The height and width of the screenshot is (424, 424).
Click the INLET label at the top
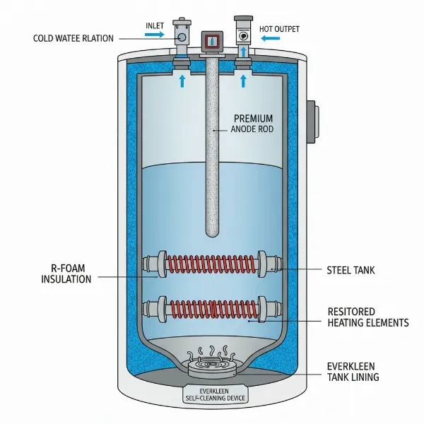(154, 25)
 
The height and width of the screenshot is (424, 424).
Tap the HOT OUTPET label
(280, 29)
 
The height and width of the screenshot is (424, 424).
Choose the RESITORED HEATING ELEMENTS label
(368, 317)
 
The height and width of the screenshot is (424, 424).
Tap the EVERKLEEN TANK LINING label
(353, 372)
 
